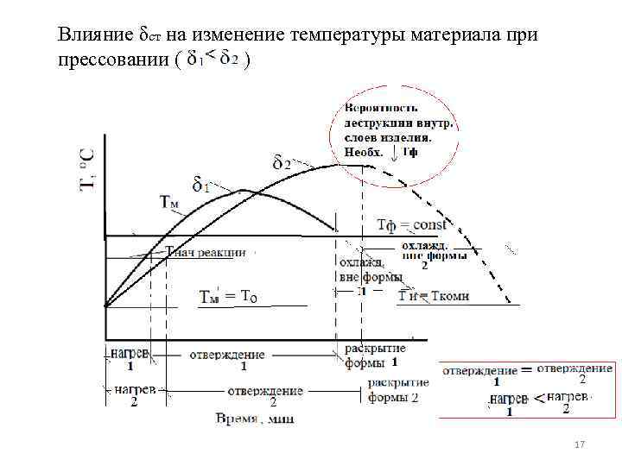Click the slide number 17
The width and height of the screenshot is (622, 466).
point(580,444)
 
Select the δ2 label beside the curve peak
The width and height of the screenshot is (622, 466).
point(282,162)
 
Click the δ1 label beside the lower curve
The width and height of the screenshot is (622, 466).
point(200,184)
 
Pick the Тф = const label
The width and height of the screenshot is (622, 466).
point(411,225)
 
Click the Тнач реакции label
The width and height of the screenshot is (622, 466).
point(206,253)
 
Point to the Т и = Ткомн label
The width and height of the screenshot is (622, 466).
point(434,296)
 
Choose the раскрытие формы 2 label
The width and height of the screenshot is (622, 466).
point(394,390)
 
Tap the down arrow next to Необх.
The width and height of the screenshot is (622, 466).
point(396,154)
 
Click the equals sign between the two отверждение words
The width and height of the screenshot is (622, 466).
point(525,369)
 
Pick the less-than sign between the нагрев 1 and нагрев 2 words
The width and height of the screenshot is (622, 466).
point(538,397)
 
